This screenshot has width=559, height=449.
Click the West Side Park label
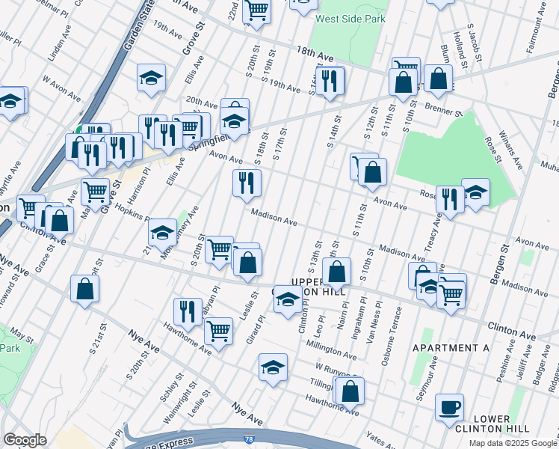(x=345, y=19)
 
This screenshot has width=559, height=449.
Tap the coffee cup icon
(x=449, y=407)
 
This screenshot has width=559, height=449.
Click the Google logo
(x=25, y=440)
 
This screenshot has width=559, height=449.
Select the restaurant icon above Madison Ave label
(x=247, y=182)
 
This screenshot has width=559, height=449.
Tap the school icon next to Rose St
(x=475, y=192)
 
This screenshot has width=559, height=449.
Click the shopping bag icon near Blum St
(x=438, y=77)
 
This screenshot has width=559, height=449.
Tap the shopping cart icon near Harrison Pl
(x=95, y=192)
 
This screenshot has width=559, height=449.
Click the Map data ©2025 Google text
(x=513, y=443)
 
